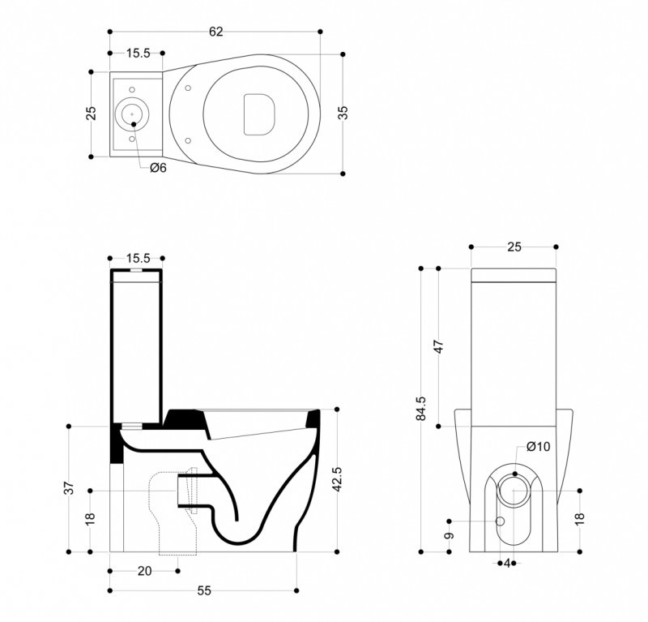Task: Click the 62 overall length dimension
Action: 215,32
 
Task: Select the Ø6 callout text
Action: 158,168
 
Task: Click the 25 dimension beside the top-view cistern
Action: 92,113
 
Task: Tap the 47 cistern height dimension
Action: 438,346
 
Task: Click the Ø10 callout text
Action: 538,446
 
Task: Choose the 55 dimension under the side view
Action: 204,591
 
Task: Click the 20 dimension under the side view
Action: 144,571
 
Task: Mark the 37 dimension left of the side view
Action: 70,487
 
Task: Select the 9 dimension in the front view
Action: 449,535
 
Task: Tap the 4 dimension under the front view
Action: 507,562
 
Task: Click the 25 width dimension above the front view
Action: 514,247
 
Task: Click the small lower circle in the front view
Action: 500,520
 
